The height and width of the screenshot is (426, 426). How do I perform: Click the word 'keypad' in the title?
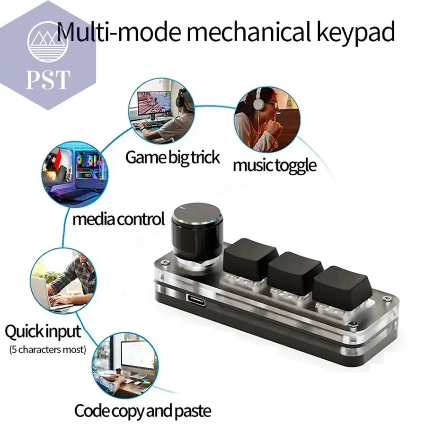pyautogui.click(x=355, y=32)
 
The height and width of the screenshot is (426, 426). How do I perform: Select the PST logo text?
pyautogui.click(x=48, y=80)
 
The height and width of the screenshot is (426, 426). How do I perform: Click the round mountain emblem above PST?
pyautogui.click(x=48, y=42)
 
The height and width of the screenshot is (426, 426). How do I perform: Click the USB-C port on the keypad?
pyautogui.click(x=196, y=300)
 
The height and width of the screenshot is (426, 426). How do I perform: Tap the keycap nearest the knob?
pyautogui.click(x=250, y=258)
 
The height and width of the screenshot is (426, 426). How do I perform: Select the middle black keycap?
pyautogui.click(x=295, y=273)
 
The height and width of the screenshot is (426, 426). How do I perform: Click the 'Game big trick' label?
pyautogui.click(x=172, y=158)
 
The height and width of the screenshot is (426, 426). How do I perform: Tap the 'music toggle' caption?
pyautogui.click(x=275, y=166)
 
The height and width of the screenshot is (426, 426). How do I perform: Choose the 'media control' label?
pyautogui.click(x=118, y=219)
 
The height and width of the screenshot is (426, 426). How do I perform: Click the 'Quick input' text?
pyautogui.click(x=43, y=332)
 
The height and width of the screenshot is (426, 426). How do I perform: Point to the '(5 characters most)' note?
pyautogui.click(x=48, y=349)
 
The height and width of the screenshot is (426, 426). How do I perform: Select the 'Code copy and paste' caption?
pyautogui.click(x=142, y=410)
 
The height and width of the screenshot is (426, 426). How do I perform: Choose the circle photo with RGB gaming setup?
pyautogui.click(x=75, y=174)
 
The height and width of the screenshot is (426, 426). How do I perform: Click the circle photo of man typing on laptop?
pyautogui.click(x=63, y=281)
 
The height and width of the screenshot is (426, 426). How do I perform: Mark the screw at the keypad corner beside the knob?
pyautogui.click(x=165, y=262)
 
